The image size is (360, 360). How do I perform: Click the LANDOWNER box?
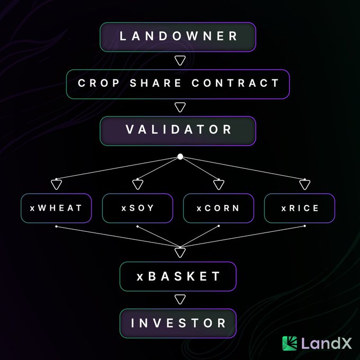178,37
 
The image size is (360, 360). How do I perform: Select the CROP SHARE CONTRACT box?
178,84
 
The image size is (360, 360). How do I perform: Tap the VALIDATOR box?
178,131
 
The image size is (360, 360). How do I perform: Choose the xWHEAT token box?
56,208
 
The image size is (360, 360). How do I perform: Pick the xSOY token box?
138,208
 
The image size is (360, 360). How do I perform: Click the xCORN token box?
219,208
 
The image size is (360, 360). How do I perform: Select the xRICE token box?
300,208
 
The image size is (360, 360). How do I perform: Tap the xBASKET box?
178,276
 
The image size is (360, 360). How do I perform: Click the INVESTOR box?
178,323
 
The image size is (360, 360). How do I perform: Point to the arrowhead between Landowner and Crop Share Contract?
180,60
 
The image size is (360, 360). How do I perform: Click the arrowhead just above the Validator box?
180,107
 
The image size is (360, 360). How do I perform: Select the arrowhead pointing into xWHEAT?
57,184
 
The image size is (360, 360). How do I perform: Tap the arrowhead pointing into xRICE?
305,184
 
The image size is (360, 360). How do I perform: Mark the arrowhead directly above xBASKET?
180,252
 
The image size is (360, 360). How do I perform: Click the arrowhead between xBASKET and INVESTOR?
180,299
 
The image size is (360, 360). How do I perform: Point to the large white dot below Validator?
180,157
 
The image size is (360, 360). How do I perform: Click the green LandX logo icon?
290,344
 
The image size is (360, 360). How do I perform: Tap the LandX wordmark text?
326,343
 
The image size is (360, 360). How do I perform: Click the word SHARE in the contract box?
156,83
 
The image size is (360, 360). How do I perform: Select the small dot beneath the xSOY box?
138,227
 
